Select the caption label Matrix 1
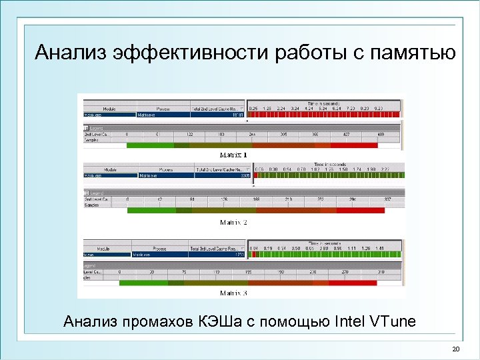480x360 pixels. pyautogui.click(x=234, y=155)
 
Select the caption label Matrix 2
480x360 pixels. pyautogui.click(x=234, y=222)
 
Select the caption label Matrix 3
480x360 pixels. pyautogui.click(x=234, y=292)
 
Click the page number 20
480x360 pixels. pyautogui.click(x=456, y=350)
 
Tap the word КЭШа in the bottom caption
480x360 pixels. pyautogui.click(x=222, y=322)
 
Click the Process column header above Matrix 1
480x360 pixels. pyautogui.click(x=163, y=109)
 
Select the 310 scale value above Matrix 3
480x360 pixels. pyautogui.click(x=381, y=272)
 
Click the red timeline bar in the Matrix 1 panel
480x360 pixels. pyautogui.click(x=323, y=115)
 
